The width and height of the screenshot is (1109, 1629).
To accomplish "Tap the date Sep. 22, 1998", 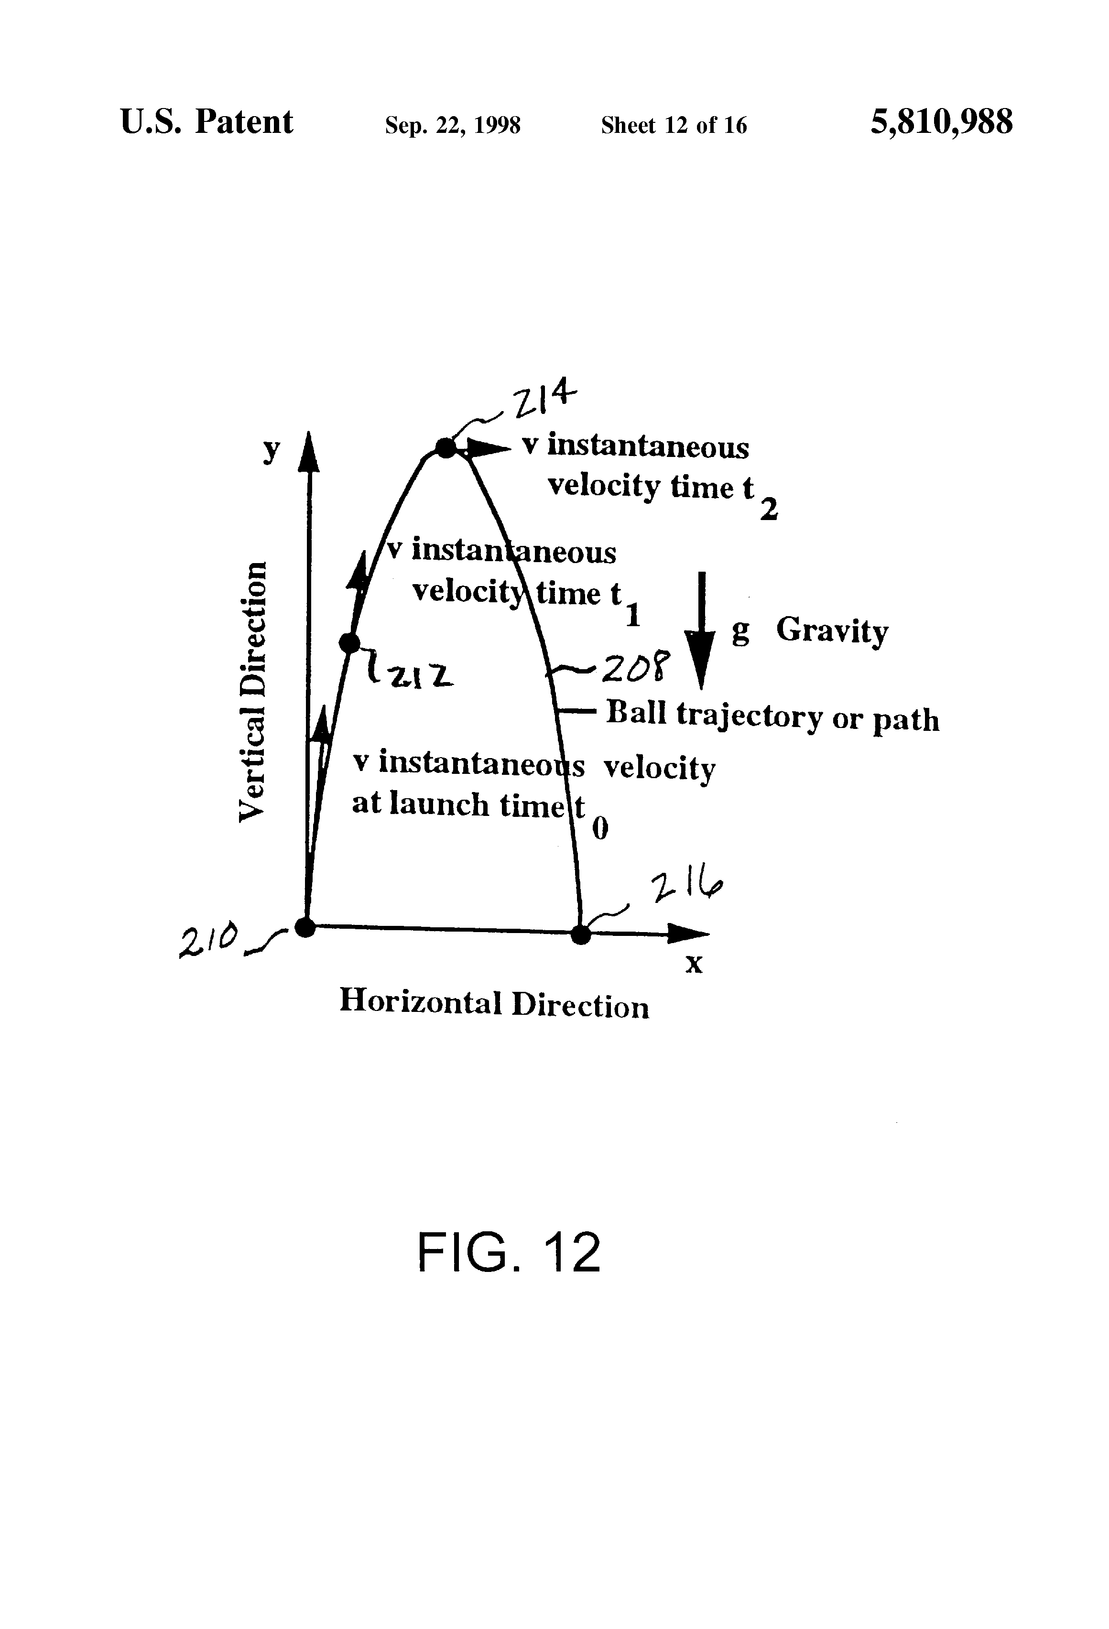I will (x=452, y=125).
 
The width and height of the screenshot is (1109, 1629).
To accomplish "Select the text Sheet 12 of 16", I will (x=674, y=125).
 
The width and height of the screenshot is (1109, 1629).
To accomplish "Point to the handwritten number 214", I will (x=544, y=401).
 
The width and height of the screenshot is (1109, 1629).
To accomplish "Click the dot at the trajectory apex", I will (x=446, y=448).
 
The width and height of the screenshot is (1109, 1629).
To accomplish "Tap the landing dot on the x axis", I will (x=580, y=934).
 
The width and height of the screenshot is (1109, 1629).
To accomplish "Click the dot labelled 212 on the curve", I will (x=349, y=642).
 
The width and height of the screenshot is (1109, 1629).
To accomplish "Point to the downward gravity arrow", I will (x=700, y=631).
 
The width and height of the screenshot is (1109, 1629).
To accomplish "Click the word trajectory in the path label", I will (x=750, y=716).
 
